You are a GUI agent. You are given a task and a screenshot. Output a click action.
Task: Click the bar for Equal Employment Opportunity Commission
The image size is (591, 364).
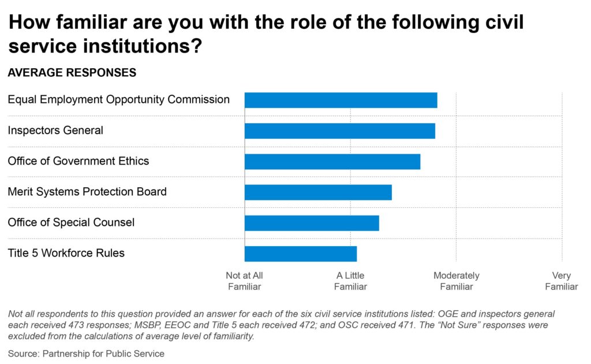pos(341,100)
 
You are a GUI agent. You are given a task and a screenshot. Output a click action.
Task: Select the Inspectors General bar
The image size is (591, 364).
pos(339,131)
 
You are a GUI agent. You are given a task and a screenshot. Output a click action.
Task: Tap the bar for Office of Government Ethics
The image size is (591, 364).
pos(332,161)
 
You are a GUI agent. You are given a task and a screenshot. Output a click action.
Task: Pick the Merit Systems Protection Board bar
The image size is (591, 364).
pos(318,192)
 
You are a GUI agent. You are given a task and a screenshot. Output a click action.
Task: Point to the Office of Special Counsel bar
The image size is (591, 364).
pos(312,223)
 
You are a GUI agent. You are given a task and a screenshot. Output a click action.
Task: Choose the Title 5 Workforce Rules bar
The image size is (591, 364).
pos(301,254)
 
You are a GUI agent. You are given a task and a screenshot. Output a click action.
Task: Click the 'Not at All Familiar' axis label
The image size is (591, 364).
pos(244,281)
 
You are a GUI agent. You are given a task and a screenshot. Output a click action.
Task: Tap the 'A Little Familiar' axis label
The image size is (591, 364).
pos(350,281)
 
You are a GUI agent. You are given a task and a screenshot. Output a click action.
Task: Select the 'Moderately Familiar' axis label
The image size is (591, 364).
pos(456,281)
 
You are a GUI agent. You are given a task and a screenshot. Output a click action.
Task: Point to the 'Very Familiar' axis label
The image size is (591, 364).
pos(562,281)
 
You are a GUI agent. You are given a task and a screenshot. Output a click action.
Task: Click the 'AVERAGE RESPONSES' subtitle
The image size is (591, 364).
pos(72,73)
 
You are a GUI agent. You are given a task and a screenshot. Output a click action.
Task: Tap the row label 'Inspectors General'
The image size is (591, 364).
pos(55,131)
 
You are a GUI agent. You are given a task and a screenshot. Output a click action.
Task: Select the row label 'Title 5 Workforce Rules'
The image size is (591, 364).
pos(66,253)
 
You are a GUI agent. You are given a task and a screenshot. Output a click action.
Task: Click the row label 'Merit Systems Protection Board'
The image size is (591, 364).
pos(87,192)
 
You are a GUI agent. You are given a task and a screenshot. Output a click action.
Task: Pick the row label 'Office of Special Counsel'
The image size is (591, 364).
pos(71,222)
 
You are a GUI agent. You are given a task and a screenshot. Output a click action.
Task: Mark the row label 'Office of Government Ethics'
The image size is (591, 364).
pos(78,161)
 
